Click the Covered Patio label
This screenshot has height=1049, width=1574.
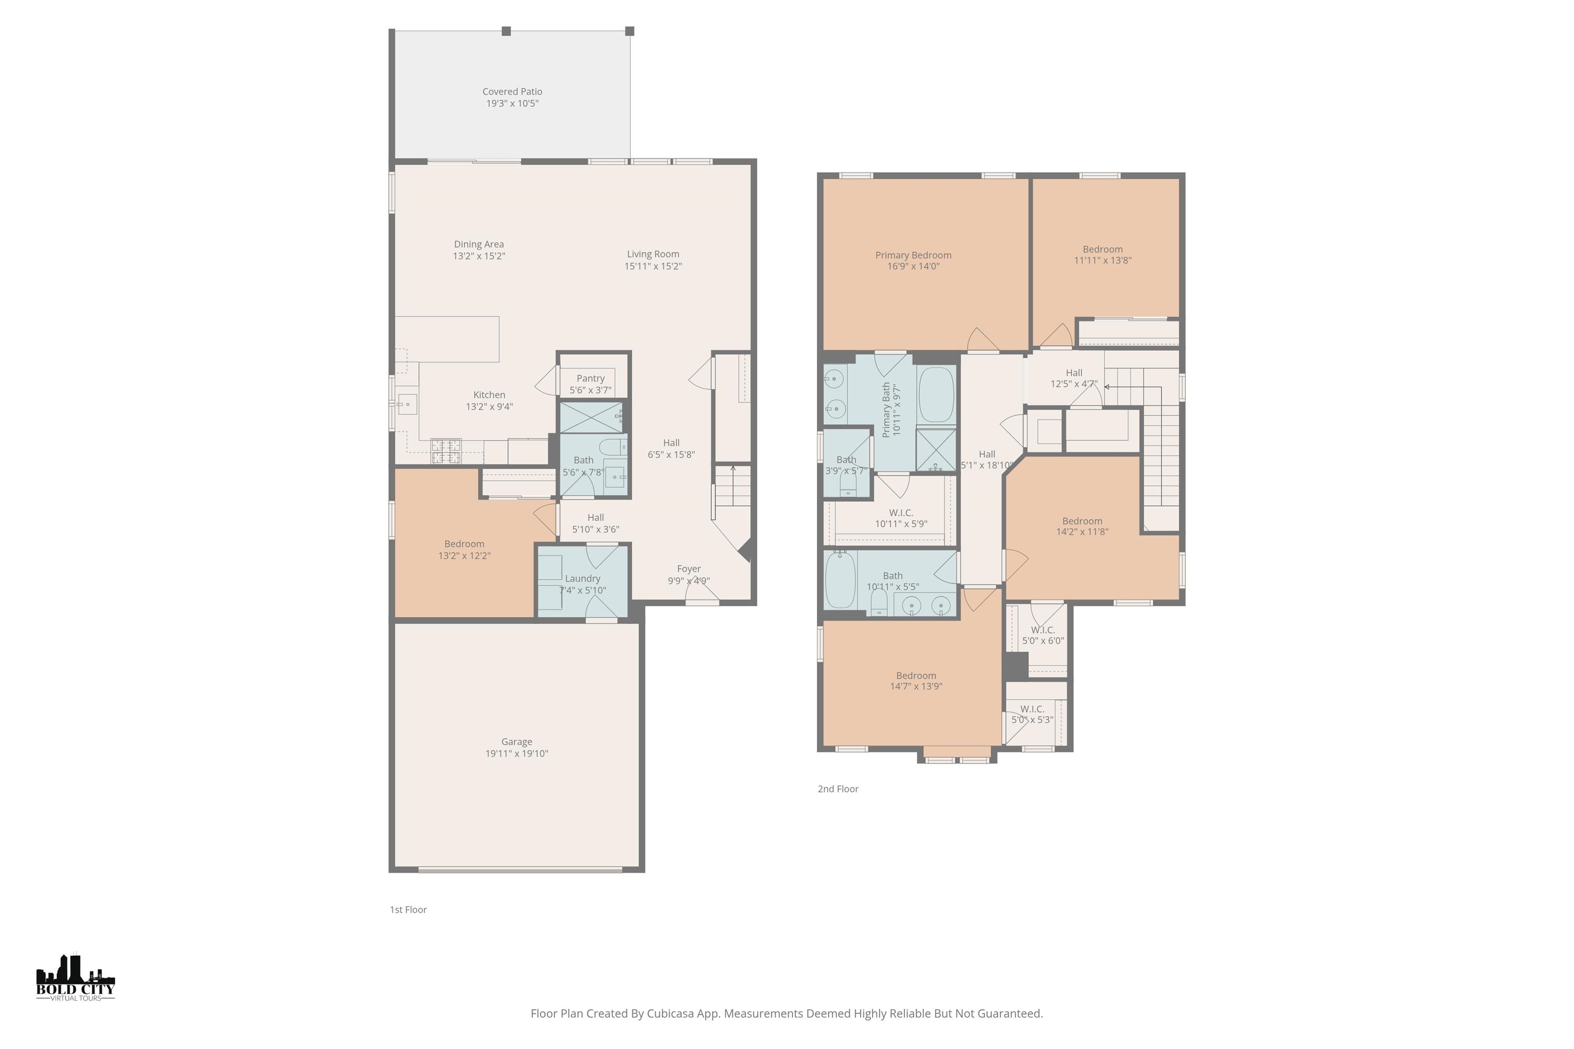tap(512, 92)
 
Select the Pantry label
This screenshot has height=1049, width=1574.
tap(590, 379)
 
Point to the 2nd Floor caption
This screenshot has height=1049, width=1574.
tap(838, 789)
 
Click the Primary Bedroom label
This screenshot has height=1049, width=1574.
tap(913, 255)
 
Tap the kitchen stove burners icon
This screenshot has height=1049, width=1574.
tap(445, 451)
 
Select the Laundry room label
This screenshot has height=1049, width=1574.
tap(582, 579)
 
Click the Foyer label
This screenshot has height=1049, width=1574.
tap(688, 569)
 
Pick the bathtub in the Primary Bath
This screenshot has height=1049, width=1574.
tap(936, 395)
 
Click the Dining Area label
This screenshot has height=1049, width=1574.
tap(478, 244)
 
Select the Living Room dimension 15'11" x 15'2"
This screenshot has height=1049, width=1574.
tap(653, 266)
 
